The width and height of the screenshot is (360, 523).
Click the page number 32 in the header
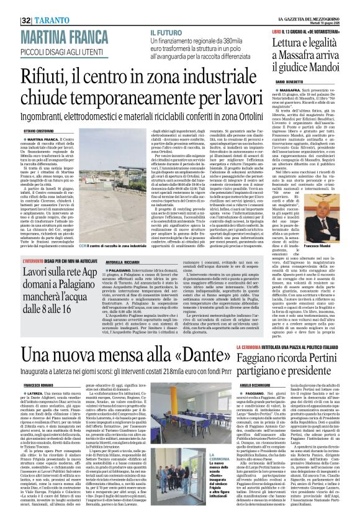[x=27, y=6]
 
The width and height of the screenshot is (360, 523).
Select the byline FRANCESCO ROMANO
[x=37, y=385]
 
